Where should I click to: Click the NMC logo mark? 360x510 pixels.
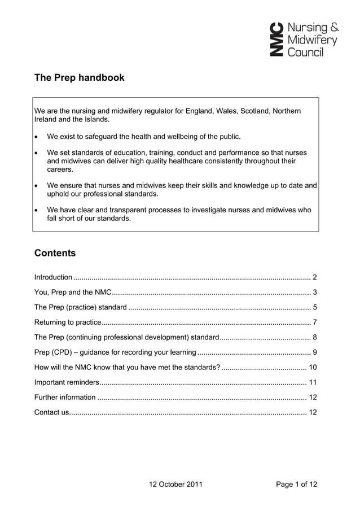(x=276, y=40)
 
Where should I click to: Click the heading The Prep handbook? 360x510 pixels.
(x=79, y=78)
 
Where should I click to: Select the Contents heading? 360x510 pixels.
(x=55, y=253)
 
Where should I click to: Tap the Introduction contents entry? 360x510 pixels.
(x=53, y=277)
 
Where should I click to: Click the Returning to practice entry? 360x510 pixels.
(x=68, y=323)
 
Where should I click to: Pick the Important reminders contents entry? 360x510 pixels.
(x=67, y=382)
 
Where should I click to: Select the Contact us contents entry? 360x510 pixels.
(x=51, y=412)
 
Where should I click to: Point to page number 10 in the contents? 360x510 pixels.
(x=313, y=368)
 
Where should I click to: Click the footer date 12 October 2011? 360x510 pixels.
(x=175, y=485)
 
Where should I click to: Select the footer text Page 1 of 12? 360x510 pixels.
(x=296, y=485)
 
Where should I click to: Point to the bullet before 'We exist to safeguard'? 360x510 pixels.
(x=37, y=137)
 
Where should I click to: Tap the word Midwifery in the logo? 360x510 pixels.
(x=313, y=40)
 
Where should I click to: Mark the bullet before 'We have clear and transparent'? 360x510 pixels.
(x=37, y=211)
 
